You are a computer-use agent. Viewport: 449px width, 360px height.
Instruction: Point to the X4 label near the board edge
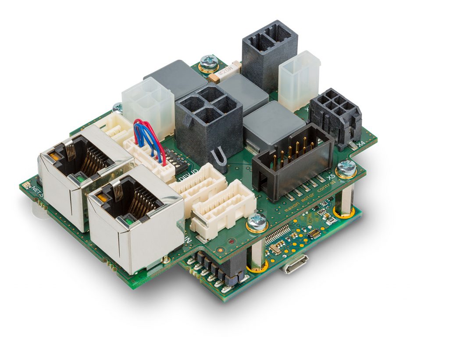coord(361,143)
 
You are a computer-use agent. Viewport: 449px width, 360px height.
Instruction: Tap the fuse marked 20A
coord(225,71)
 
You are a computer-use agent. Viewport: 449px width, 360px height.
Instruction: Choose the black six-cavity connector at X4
coord(336,113)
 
